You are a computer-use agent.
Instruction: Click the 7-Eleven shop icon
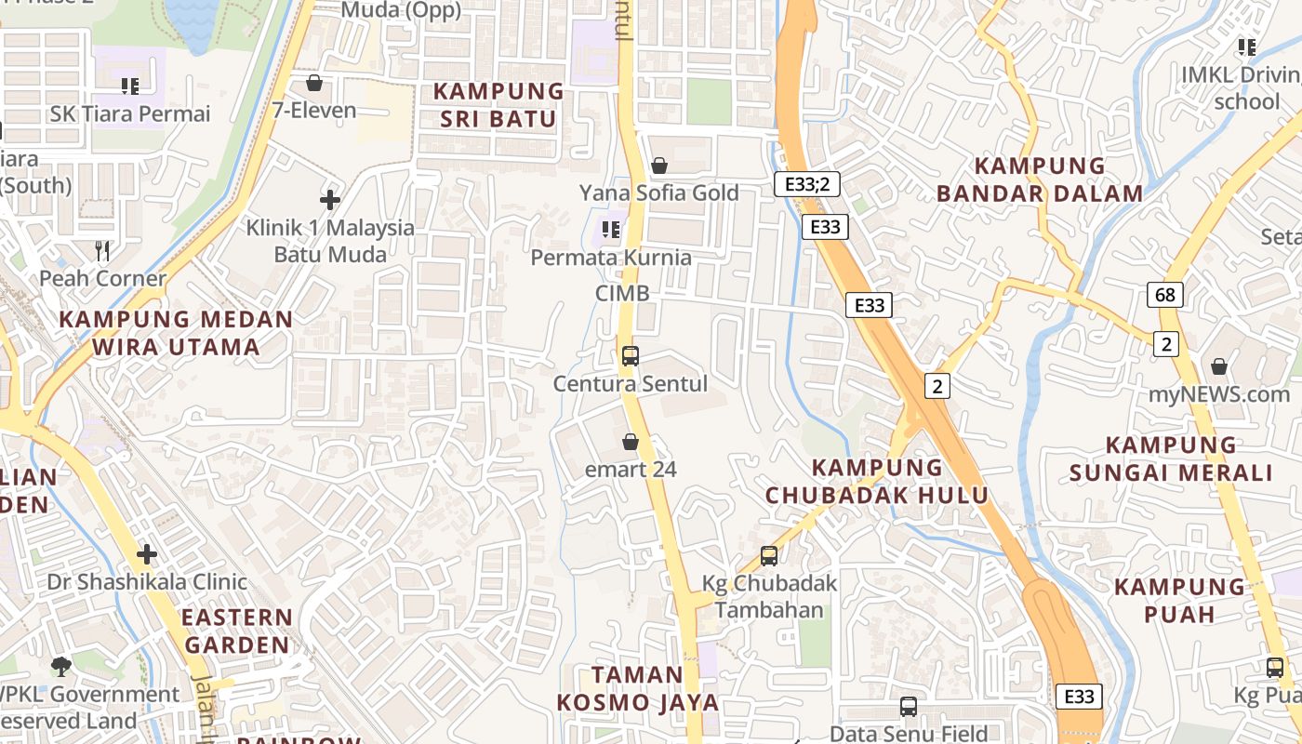tap(314, 84)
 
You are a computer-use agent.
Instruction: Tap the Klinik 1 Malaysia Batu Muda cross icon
tap(329, 200)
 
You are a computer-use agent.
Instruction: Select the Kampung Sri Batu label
tap(498, 105)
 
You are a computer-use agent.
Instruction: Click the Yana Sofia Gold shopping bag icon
tap(659, 166)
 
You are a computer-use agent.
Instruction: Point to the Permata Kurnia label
tap(611, 258)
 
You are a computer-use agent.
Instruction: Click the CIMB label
tap(622, 293)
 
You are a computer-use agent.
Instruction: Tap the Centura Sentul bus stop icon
tap(630, 355)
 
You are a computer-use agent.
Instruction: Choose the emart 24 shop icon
tap(631, 442)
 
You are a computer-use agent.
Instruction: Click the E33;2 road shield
tap(806, 184)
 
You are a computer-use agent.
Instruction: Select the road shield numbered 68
tap(1165, 296)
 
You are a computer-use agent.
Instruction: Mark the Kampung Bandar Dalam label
tap(1039, 180)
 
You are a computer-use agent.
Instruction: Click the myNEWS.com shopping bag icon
tap(1218, 366)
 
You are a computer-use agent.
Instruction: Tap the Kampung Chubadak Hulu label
tap(877, 481)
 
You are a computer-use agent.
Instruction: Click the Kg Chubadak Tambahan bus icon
tap(769, 556)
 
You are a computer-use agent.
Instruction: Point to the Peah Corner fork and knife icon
tap(102, 251)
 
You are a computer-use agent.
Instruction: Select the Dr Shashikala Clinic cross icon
tap(146, 555)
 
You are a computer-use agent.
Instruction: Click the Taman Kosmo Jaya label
tap(638, 688)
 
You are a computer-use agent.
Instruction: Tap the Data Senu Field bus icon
tap(909, 707)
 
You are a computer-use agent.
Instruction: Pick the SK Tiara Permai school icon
tap(130, 86)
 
